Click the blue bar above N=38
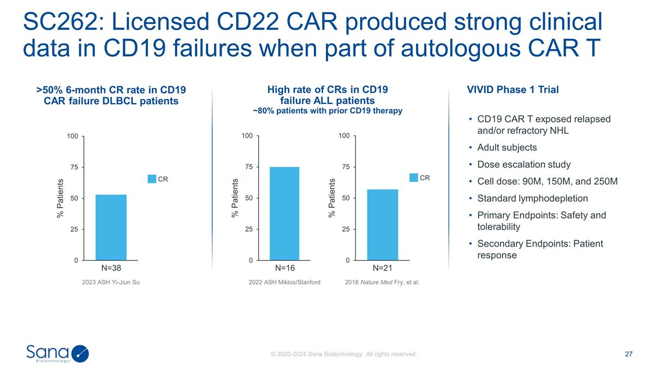(x=111, y=227)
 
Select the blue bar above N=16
(x=284, y=213)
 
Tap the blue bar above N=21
(x=382, y=225)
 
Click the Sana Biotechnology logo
(x=57, y=354)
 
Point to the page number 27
(x=628, y=354)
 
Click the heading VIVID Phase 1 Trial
(x=513, y=90)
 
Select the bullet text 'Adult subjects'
(x=507, y=148)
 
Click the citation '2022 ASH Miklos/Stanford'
(x=284, y=282)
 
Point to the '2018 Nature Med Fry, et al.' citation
(x=382, y=282)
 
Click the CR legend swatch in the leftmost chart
(x=152, y=178)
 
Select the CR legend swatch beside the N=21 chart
(x=414, y=177)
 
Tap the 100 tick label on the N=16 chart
(x=247, y=136)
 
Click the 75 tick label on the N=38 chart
(x=73, y=167)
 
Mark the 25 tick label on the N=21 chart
(x=346, y=230)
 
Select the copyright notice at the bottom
(x=344, y=354)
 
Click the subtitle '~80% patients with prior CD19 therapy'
(x=327, y=111)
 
